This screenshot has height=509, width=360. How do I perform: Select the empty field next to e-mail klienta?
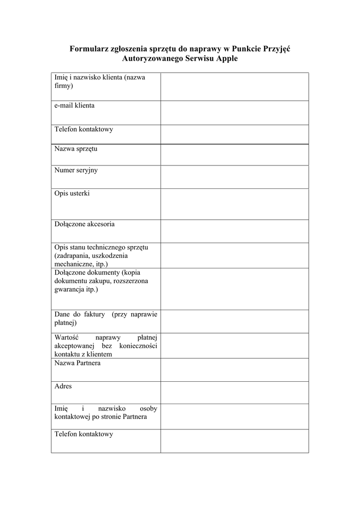(234, 113)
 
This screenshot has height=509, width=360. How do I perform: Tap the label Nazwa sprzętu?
(76, 149)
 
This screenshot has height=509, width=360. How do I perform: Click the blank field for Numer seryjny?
(234, 177)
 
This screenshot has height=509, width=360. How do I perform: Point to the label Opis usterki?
(72, 193)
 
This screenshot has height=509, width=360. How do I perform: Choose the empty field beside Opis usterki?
(234, 204)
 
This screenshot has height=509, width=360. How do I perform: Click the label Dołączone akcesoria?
(85, 224)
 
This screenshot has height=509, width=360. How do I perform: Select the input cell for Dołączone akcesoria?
(234, 231)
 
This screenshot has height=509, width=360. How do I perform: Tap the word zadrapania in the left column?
(75, 255)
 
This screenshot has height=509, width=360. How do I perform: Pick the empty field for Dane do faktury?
(234, 322)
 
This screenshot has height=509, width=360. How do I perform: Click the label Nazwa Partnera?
(78, 363)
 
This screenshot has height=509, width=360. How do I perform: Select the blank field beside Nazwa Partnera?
(234, 370)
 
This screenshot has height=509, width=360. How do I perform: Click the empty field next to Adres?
(234, 393)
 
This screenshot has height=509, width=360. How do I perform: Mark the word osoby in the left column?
(149, 408)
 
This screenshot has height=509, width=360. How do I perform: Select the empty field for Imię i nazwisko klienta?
(234, 86)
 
